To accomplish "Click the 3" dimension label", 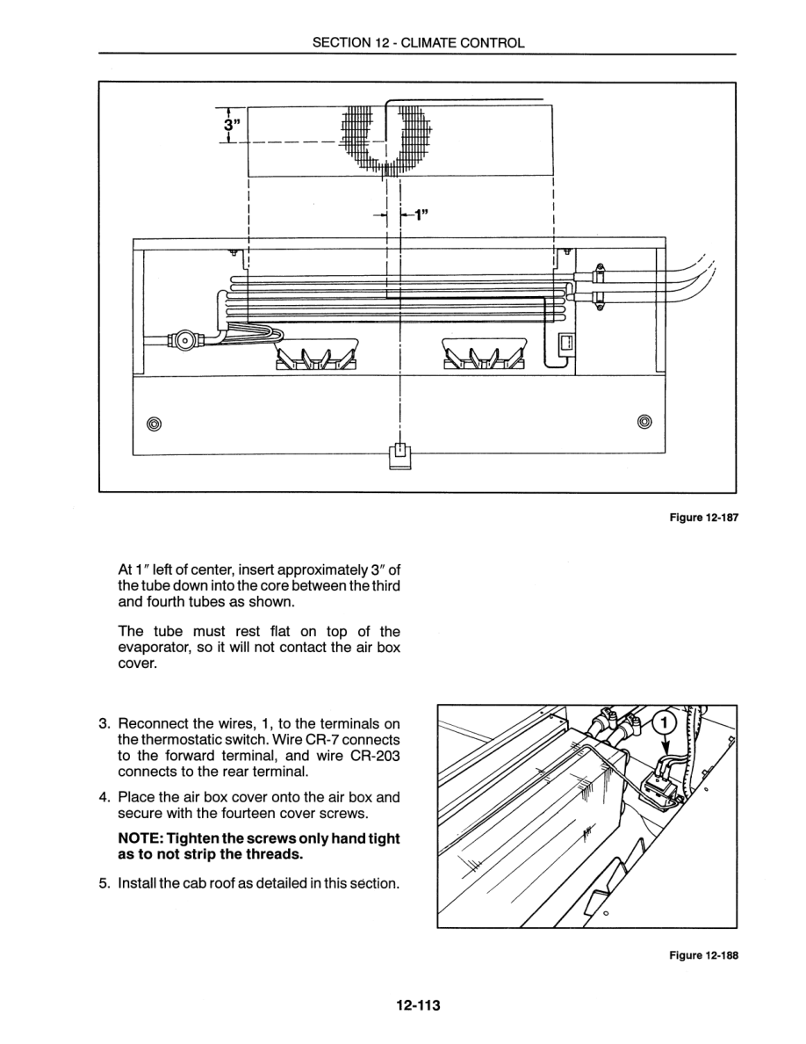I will pos(231,126).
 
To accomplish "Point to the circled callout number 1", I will pos(666,723).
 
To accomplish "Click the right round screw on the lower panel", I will pos(645,421).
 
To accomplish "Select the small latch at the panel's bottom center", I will pos(399,456).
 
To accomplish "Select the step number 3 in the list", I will pos(104,724).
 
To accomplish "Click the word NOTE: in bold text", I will pos(140,839).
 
